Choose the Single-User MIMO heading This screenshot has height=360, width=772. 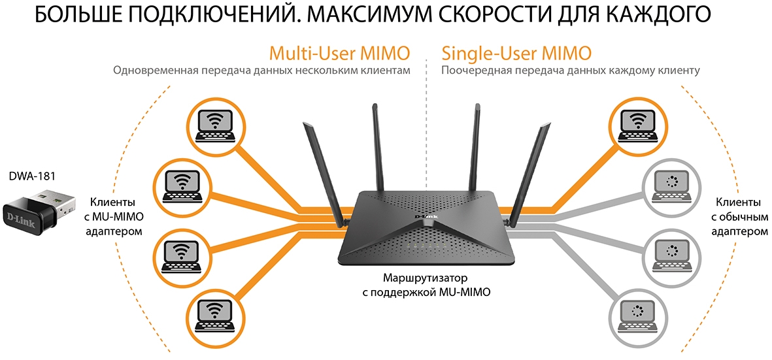(516, 52)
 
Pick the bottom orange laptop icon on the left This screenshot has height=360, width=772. (215, 311)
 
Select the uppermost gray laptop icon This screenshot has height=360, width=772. (666, 186)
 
